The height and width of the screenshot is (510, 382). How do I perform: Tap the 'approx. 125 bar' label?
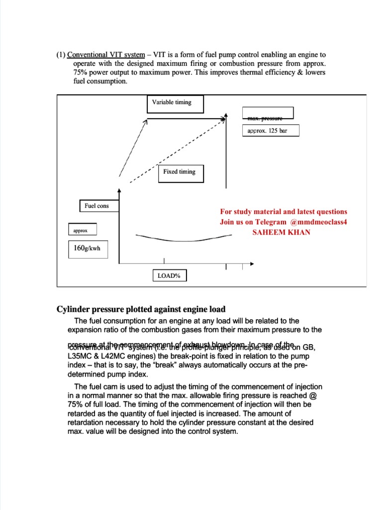point(267,131)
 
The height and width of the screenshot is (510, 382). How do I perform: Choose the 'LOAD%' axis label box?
point(169,275)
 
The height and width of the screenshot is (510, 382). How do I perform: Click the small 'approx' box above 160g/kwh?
point(82,231)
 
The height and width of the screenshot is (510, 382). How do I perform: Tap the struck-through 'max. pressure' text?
point(265,119)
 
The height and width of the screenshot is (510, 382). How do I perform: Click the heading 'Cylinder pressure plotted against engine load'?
point(141,309)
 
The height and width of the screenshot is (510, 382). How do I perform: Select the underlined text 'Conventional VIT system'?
point(106,55)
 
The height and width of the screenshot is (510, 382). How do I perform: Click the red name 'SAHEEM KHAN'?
point(282,232)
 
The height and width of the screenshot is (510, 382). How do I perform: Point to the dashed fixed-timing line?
point(184,149)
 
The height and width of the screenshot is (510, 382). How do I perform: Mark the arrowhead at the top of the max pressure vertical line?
point(226,116)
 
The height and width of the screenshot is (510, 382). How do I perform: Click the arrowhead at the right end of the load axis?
point(252,264)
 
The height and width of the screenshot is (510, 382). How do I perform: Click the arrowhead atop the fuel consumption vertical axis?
point(119,190)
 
